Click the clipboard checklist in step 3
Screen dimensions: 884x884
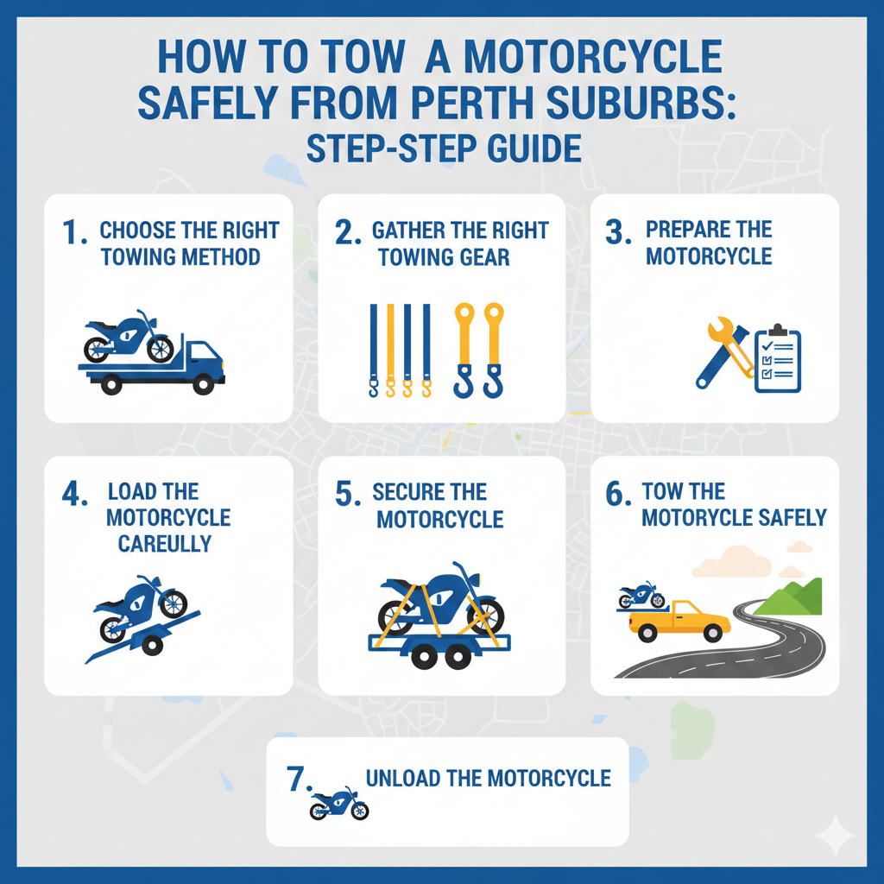point(777,359)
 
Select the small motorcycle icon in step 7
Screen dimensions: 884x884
point(338,803)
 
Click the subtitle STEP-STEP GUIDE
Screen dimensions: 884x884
point(442,148)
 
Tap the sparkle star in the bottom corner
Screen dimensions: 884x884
point(835,836)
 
